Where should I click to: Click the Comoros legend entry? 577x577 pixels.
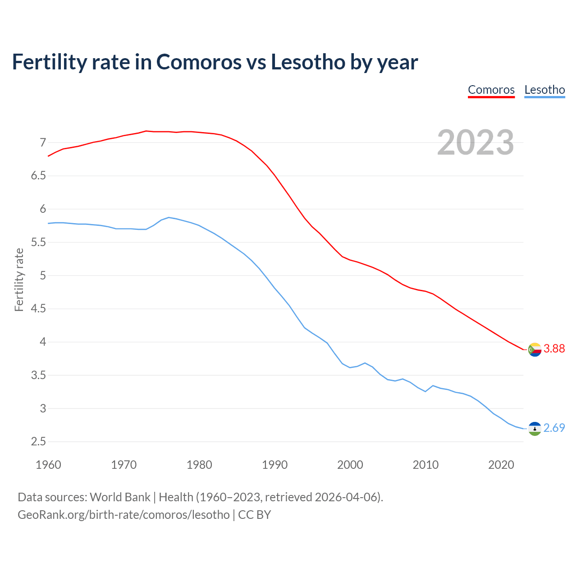coord(491,90)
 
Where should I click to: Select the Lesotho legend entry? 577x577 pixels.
coord(545,90)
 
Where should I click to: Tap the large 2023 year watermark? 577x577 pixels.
coord(476,142)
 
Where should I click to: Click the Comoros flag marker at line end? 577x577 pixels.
coord(535,349)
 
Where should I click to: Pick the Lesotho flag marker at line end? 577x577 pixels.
coord(535,429)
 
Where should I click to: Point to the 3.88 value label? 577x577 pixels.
coord(554,348)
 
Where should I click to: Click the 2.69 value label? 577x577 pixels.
coord(554,428)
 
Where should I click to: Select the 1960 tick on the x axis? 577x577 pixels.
coord(48,465)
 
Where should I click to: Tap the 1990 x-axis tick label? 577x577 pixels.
coord(275,465)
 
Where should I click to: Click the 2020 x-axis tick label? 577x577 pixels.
coord(501,465)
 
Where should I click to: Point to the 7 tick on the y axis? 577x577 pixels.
coord(43,143)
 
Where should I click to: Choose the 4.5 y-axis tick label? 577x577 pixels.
coord(38,309)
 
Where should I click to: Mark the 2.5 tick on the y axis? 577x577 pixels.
coord(38,442)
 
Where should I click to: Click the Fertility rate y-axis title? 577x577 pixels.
coord(19,279)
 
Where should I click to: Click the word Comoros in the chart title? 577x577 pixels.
coord(199,62)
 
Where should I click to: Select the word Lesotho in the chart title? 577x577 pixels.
coord(308,62)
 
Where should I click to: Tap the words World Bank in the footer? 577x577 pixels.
coord(120,497)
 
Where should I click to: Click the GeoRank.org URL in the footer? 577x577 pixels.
coord(124,515)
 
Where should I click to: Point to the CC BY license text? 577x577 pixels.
coord(254,515)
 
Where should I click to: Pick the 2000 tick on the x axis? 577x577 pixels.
coord(350,465)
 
